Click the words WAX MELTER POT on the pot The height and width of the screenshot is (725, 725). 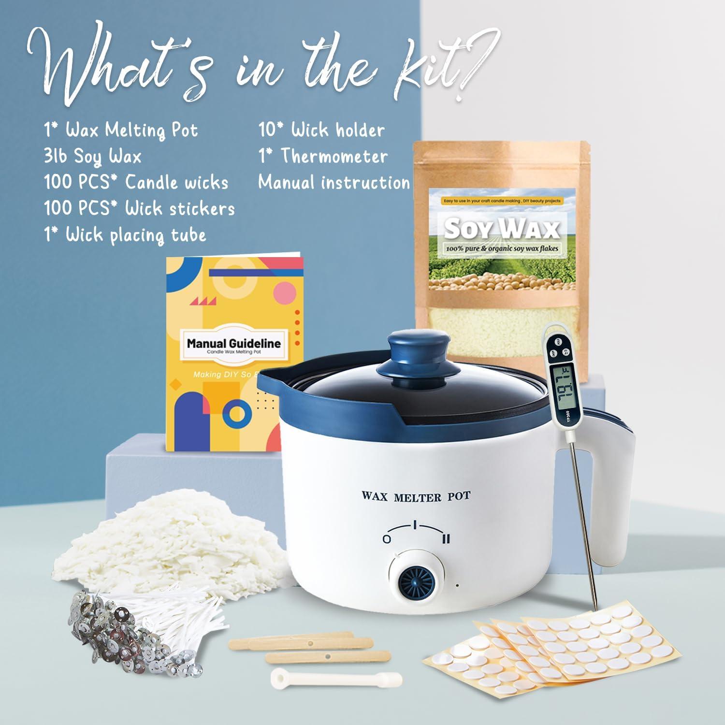[416, 496]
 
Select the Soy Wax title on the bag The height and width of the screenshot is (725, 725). [501, 228]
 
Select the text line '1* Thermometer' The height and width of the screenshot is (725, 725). [322, 156]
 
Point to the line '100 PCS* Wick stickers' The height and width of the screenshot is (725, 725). [139, 208]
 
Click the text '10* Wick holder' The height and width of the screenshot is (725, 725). [321, 130]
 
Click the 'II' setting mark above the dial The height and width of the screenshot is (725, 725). [446, 538]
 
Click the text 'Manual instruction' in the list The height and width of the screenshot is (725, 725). [333, 183]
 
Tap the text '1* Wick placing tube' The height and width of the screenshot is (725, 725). [125, 235]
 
